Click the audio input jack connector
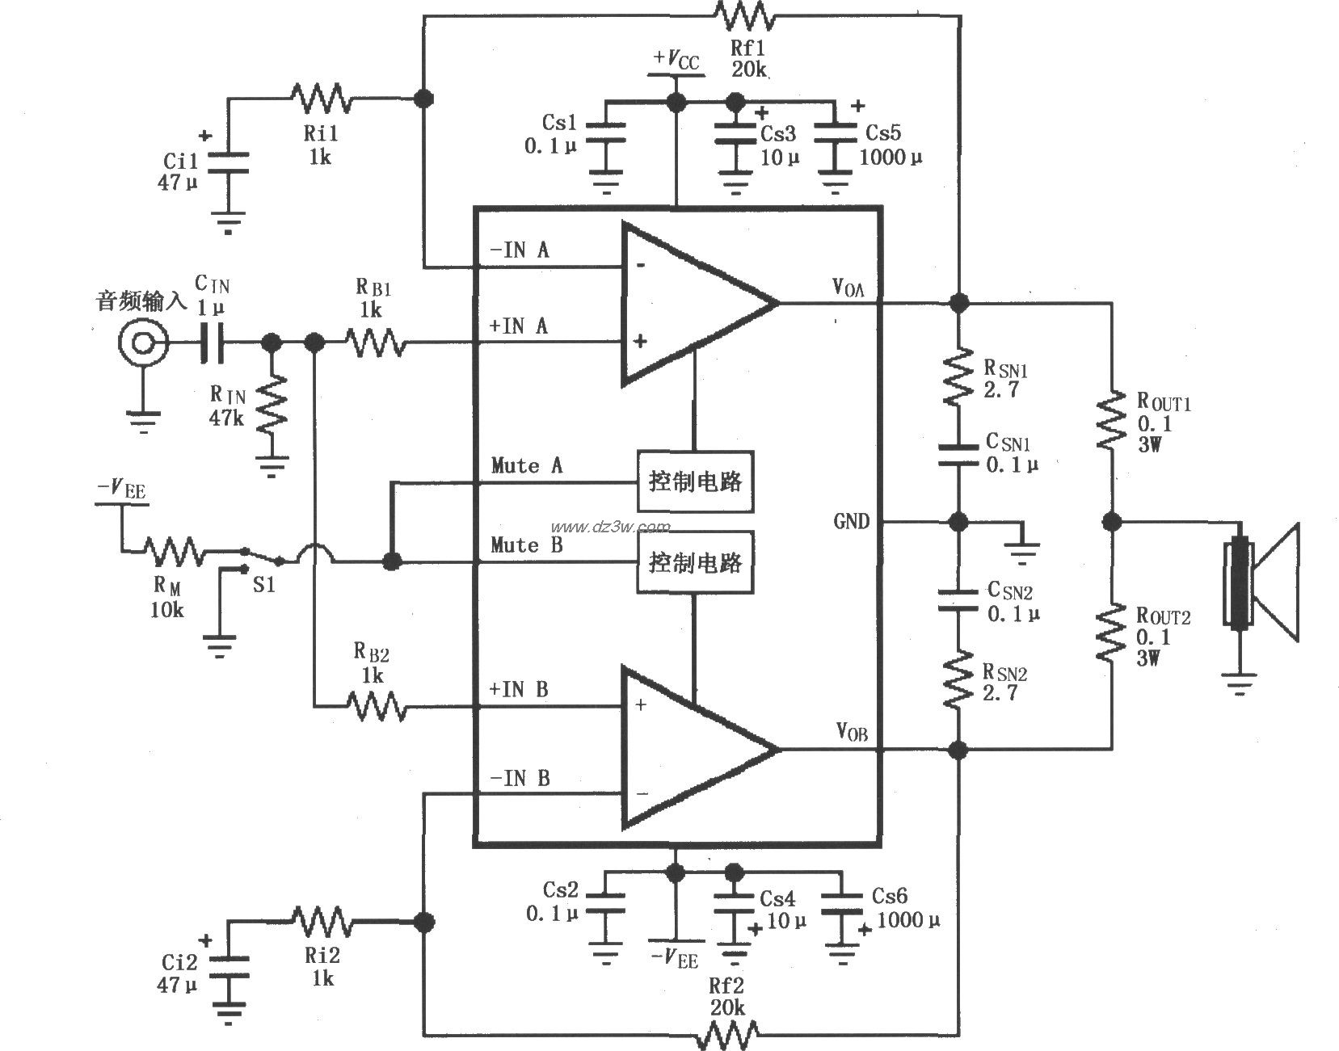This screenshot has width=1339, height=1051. [143, 344]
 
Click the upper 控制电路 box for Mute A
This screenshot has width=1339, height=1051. [695, 481]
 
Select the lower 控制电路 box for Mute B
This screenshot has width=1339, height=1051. [695, 562]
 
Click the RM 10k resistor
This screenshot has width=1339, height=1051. [174, 552]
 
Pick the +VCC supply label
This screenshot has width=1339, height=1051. [676, 61]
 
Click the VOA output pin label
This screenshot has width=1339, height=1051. [848, 287]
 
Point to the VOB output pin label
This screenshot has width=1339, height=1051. [852, 732]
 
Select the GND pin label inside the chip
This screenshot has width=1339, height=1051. [851, 522]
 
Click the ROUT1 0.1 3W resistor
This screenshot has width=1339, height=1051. [1110, 418]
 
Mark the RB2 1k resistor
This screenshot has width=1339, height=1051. [377, 705]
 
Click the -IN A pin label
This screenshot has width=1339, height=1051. [519, 250]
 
